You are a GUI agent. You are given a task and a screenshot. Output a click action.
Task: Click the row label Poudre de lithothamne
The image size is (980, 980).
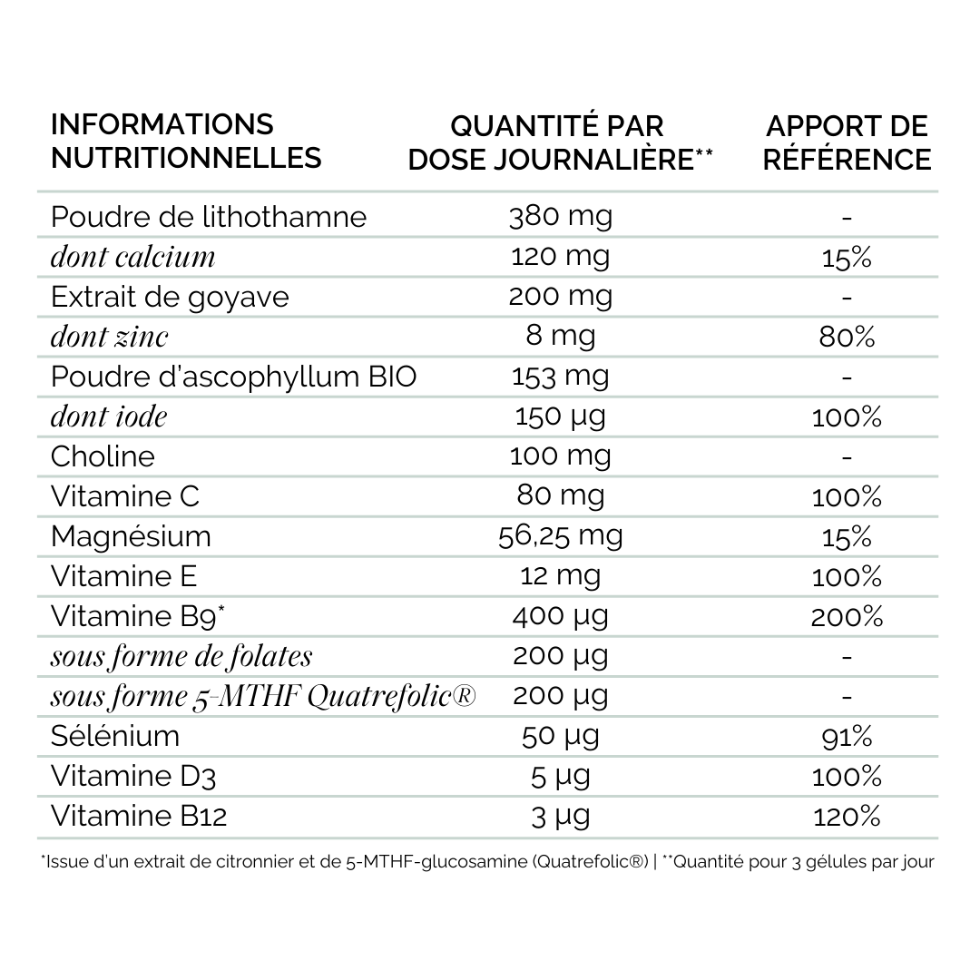(x=209, y=217)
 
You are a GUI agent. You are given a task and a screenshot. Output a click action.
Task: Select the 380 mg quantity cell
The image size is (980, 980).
(x=561, y=216)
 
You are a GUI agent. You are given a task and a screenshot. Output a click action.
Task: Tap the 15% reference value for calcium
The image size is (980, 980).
(x=846, y=258)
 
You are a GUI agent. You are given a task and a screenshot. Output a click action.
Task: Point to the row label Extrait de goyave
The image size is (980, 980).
(x=170, y=297)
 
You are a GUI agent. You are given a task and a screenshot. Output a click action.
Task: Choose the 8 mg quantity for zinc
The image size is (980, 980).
(x=561, y=337)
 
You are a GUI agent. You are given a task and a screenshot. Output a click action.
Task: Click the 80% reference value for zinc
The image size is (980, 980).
(x=846, y=338)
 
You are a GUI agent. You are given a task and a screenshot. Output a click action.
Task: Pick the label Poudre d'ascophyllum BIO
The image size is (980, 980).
(x=233, y=377)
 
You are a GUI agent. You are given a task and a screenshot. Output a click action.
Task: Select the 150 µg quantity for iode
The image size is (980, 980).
(x=561, y=416)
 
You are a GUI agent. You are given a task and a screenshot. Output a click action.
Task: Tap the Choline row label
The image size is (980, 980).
(x=103, y=456)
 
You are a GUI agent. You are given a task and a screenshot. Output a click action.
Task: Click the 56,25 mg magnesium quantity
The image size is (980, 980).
(x=561, y=535)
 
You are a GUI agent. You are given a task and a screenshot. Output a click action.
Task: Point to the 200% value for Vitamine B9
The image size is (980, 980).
(x=846, y=616)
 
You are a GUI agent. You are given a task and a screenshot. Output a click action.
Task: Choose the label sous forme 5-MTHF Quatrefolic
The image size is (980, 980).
(x=263, y=696)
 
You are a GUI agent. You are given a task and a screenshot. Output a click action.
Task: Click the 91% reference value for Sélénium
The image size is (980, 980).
(x=846, y=736)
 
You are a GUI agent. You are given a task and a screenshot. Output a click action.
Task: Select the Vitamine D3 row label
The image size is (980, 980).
(x=133, y=776)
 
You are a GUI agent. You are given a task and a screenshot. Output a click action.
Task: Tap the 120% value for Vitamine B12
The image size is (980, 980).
(x=846, y=816)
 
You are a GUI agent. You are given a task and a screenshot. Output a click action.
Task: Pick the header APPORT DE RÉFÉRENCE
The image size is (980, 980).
(x=847, y=142)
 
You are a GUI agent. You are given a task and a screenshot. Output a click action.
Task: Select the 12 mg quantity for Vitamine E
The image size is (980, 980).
(x=561, y=575)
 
